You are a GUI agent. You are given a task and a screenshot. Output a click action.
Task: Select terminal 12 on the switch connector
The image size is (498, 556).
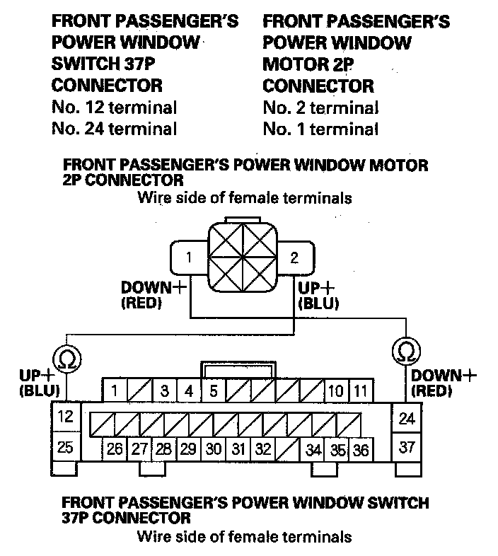(x=65, y=417)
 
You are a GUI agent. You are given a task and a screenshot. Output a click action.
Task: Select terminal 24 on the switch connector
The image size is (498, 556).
(x=407, y=419)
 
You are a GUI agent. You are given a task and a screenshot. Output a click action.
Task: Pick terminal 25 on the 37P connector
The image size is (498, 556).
(x=65, y=448)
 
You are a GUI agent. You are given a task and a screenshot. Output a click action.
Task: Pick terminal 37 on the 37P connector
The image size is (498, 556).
(x=407, y=448)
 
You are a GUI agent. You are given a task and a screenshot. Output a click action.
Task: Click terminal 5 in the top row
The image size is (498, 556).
(x=213, y=390)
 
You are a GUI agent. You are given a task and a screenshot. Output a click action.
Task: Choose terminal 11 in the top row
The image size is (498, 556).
(x=359, y=390)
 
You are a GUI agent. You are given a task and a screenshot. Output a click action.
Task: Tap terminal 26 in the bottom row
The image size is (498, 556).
(x=115, y=448)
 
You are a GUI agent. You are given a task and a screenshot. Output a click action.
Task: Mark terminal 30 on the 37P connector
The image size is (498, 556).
(x=213, y=448)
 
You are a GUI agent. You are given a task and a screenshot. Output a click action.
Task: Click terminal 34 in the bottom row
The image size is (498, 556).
(x=313, y=448)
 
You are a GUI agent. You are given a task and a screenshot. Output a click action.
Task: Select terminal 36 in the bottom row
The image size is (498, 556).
(x=360, y=448)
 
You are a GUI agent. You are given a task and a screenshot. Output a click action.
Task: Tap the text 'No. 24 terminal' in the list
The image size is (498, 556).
(x=115, y=129)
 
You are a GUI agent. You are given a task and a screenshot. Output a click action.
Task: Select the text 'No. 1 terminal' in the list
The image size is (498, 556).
(x=320, y=129)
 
